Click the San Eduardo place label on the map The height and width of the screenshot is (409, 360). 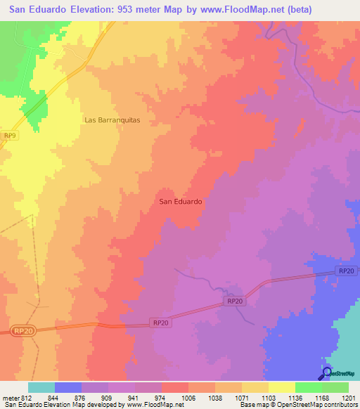click(x=181, y=201)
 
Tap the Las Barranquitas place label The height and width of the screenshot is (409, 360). click(x=112, y=120)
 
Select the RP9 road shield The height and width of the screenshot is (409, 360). click(x=9, y=136)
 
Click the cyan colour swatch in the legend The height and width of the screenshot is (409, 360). click(x=41, y=387)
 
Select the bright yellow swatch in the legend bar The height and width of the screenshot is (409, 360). click(x=281, y=387)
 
